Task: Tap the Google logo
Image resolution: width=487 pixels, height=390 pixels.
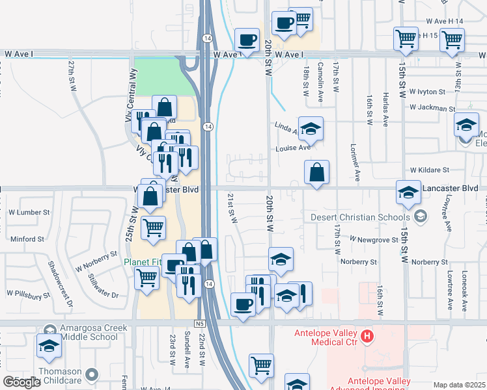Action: pyautogui.click(x=21, y=382)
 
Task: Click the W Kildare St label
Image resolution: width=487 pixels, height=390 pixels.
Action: pyautogui.click(x=429, y=170)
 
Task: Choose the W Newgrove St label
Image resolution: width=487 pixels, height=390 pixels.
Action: pyautogui.click(x=373, y=239)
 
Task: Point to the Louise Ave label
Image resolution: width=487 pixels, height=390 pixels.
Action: pyautogui.click(x=293, y=148)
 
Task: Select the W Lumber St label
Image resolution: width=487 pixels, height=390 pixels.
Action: pyautogui.click(x=29, y=212)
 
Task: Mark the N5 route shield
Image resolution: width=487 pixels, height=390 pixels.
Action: pyautogui.click(x=199, y=323)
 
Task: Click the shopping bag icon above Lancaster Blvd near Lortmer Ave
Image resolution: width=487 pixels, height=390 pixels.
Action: pyautogui.click(x=316, y=173)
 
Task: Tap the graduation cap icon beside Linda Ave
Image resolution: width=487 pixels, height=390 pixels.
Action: pyautogui.click(x=311, y=129)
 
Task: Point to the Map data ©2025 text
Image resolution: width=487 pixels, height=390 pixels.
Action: pyautogui.click(x=460, y=385)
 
